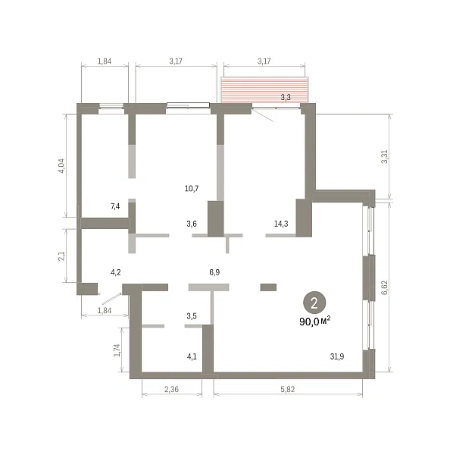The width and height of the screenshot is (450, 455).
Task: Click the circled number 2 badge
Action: [314, 303]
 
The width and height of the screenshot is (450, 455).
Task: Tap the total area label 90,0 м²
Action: [315, 322]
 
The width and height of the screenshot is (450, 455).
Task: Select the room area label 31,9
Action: [337, 356]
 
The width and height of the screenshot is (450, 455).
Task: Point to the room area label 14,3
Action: [281, 224]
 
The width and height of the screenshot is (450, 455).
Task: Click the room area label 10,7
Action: [192, 189]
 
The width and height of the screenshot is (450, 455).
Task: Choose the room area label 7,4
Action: [115, 206]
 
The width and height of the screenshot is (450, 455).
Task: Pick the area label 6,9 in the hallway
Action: [214, 272]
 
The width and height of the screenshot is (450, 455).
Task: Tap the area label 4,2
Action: [116, 272]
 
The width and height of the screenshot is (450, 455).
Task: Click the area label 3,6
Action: [192, 224]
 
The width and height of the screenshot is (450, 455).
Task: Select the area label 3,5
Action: [192, 315]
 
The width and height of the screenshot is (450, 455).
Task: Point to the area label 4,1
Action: [192, 356]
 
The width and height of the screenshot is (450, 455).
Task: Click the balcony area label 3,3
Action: [286, 97]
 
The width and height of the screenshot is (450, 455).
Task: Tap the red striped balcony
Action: [264, 89]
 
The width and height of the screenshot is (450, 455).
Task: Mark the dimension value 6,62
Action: [385, 287]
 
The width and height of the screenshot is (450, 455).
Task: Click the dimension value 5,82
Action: [288, 389]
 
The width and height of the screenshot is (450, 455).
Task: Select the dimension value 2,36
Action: [172, 389]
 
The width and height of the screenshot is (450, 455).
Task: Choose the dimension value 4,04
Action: [62, 165]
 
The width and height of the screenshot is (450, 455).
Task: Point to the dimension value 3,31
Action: [385, 157]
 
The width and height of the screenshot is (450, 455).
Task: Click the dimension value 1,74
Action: [117, 350]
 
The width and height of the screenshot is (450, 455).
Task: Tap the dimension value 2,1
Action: [62, 256]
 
